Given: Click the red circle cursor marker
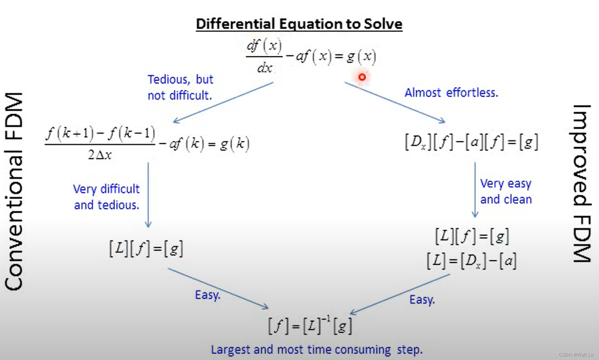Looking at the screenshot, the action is pyautogui.click(x=362, y=77).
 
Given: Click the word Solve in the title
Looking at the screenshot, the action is pyautogui.click(x=383, y=24).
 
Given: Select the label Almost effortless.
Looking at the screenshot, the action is pyautogui.click(x=451, y=93).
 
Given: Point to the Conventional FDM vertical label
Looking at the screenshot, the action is pyautogui.click(x=14, y=192).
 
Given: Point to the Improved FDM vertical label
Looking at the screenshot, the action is pyautogui.click(x=582, y=184).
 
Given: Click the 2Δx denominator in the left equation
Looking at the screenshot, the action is pyautogui.click(x=100, y=155).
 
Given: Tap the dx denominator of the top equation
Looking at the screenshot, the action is pyautogui.click(x=265, y=68).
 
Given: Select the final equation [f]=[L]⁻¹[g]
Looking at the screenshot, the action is pyautogui.click(x=310, y=325).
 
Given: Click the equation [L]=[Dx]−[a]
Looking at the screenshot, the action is pyautogui.click(x=471, y=261).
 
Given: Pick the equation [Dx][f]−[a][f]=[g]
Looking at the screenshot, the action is pyautogui.click(x=471, y=142).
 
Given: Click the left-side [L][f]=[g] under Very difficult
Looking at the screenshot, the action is pyautogui.click(x=146, y=249).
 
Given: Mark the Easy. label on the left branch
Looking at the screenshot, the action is pyautogui.click(x=208, y=295).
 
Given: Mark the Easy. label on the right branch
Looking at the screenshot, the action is pyautogui.click(x=422, y=300).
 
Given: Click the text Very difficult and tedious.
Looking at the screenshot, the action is pyautogui.click(x=107, y=197).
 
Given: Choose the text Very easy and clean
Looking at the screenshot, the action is pyautogui.click(x=506, y=192).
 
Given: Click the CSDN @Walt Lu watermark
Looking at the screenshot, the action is pyautogui.click(x=576, y=354).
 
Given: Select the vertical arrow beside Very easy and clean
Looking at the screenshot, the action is pyautogui.click(x=475, y=190).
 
